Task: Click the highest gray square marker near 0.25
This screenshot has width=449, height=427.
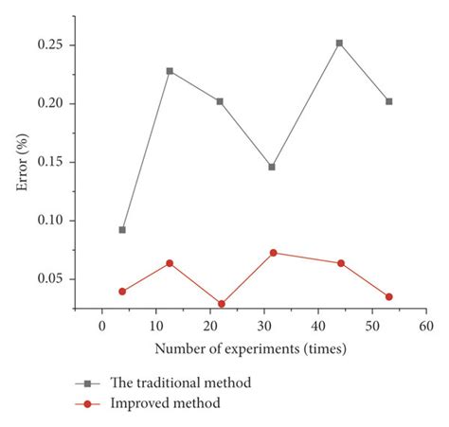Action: coord(339,44)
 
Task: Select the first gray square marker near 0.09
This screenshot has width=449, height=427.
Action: coord(122,230)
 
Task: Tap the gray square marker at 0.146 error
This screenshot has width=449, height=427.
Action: coord(272,167)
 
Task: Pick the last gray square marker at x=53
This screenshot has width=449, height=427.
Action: coord(388,101)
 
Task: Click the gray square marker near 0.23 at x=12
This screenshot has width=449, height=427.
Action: coord(171,71)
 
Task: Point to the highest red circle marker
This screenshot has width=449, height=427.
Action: coord(273,253)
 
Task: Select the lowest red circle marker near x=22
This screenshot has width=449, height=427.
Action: coord(221,304)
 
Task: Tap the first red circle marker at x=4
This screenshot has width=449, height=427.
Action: coord(122,292)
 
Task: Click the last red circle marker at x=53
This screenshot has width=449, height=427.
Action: coord(388,297)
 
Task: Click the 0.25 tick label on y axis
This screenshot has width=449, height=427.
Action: coord(51,44)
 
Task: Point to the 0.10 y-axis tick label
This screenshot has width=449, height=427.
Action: coord(51,221)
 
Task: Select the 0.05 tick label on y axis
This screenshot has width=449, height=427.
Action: coord(51,279)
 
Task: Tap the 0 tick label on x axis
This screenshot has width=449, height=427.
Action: coord(101,327)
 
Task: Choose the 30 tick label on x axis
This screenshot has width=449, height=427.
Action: coord(264,327)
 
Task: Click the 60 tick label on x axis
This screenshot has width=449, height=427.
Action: coord(426,327)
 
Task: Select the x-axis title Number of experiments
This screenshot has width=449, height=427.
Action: coord(250,348)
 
